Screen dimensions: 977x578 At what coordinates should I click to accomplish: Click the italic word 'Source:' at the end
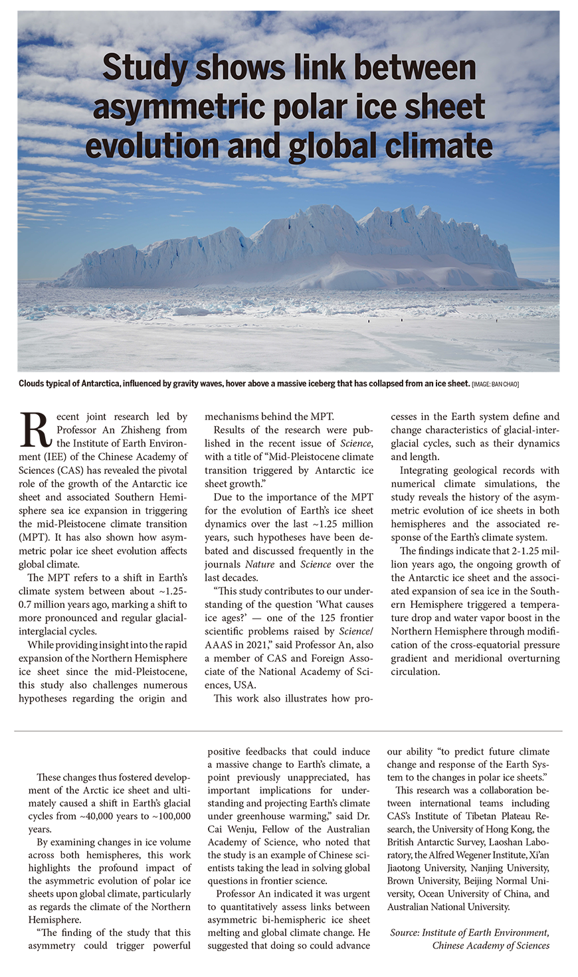coord(405,933)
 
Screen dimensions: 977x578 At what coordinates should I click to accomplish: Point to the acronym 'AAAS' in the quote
coord(219,644)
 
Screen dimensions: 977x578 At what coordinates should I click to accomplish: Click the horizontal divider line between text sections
coord(288,731)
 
